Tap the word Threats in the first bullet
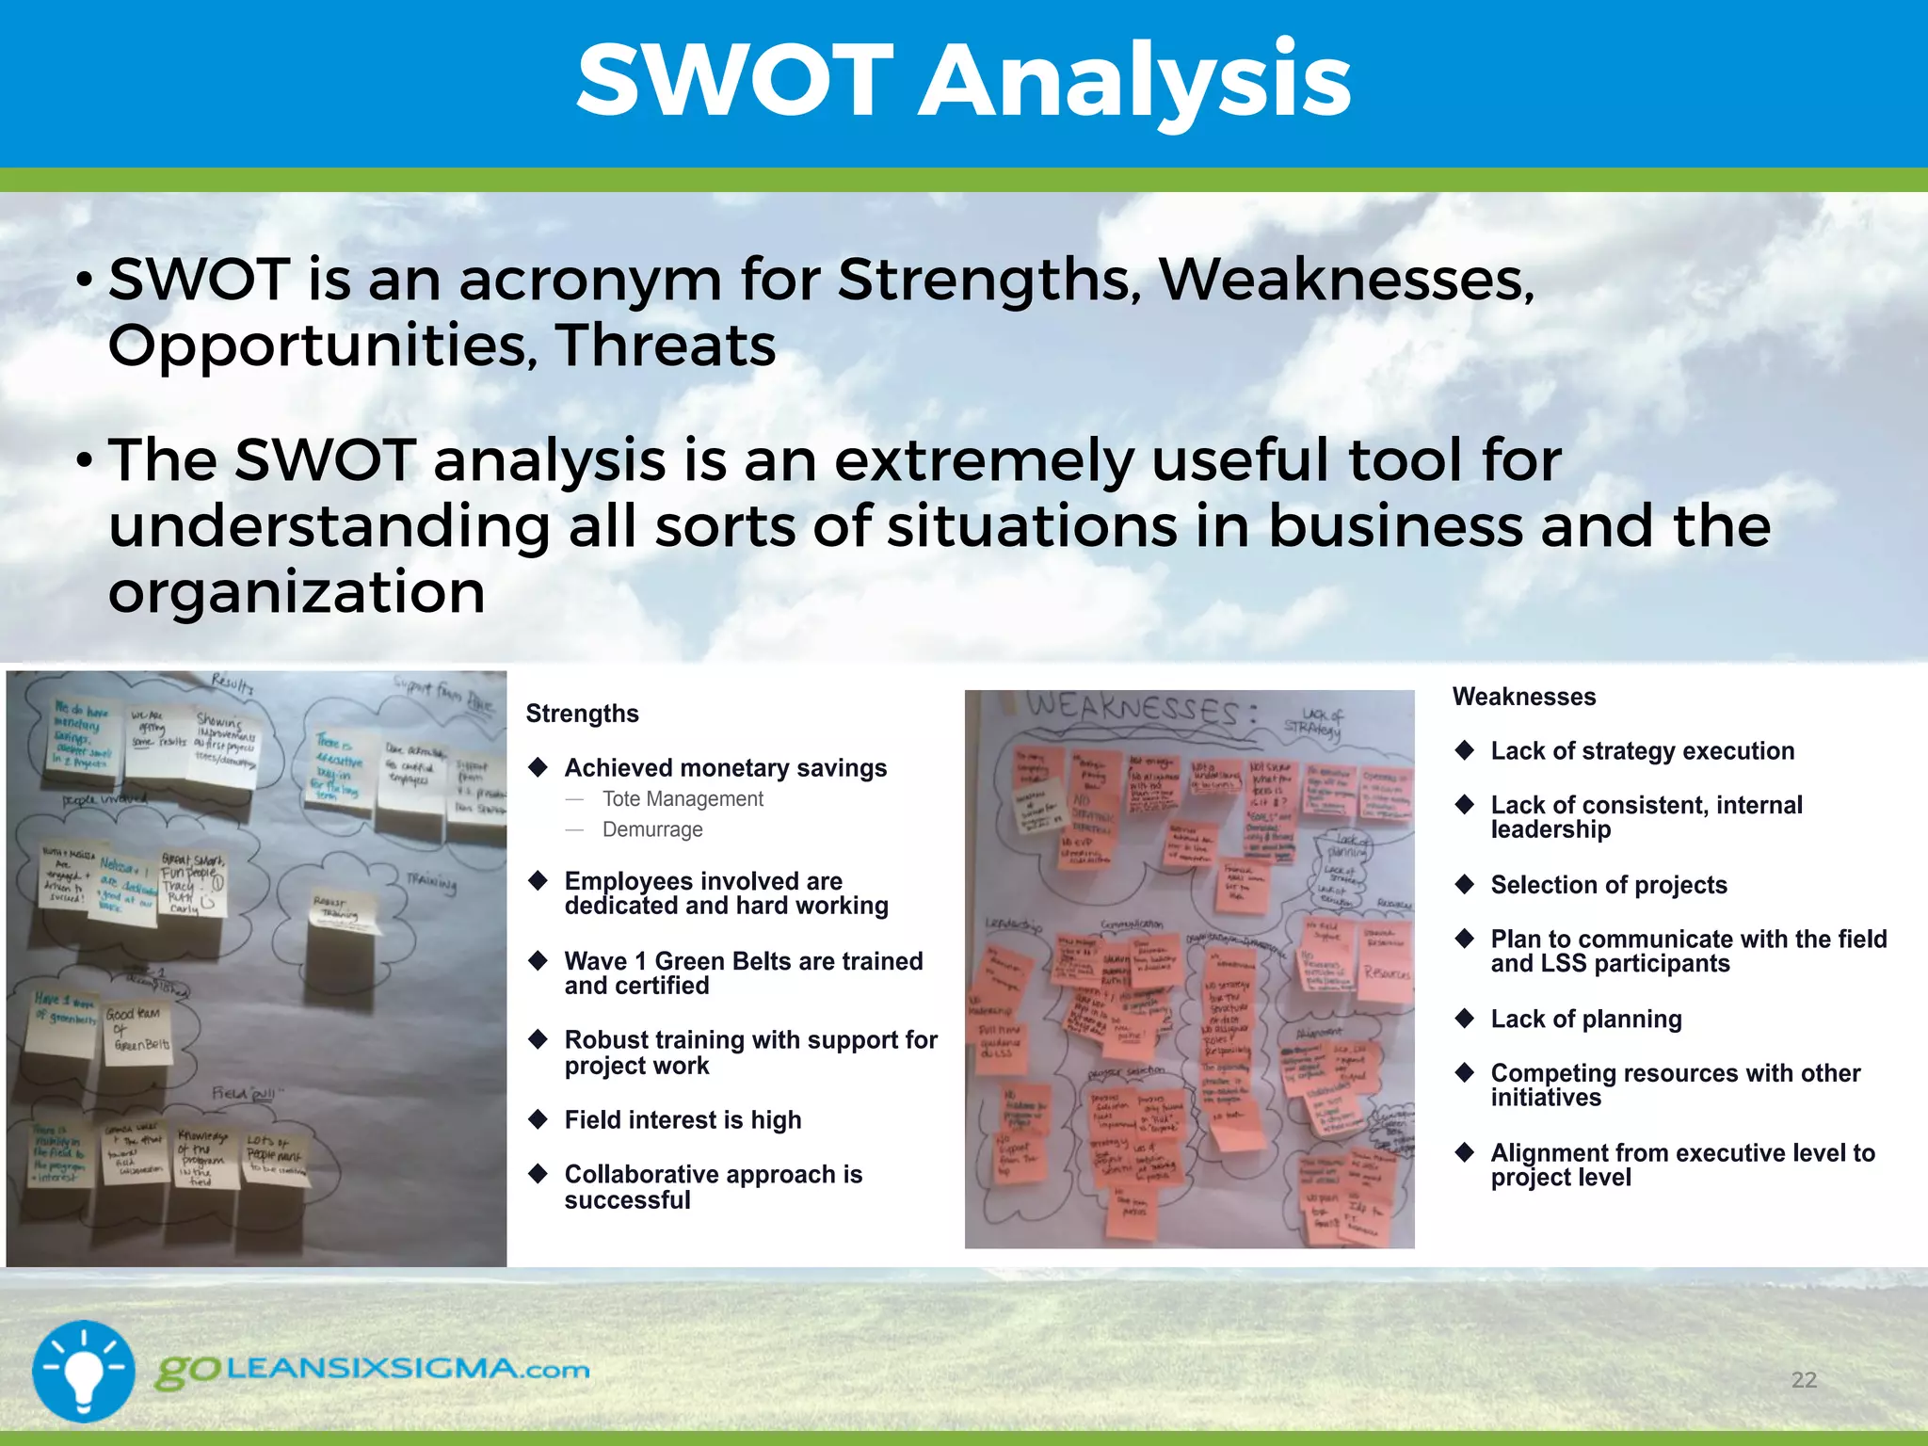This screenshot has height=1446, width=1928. (x=665, y=345)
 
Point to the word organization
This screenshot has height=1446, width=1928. (x=297, y=592)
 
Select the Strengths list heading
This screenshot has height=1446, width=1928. (x=582, y=714)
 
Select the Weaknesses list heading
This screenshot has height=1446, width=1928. (x=1523, y=697)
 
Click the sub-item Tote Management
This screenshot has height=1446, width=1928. (x=683, y=799)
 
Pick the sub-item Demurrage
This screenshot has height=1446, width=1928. (x=652, y=830)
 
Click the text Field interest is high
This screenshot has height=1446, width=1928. (x=683, y=1120)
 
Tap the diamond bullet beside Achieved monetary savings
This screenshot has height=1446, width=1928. (x=538, y=767)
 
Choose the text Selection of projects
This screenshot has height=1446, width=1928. (x=1608, y=885)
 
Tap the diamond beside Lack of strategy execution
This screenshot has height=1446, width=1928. (x=1465, y=750)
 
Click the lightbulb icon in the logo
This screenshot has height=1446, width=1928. (x=84, y=1371)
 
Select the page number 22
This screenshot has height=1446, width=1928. (x=1803, y=1380)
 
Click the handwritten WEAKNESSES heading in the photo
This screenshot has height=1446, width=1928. (x=1140, y=710)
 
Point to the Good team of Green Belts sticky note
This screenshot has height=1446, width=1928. (x=137, y=1033)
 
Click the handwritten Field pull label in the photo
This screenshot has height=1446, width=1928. (x=243, y=1094)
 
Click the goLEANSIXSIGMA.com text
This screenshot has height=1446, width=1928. (x=372, y=1370)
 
